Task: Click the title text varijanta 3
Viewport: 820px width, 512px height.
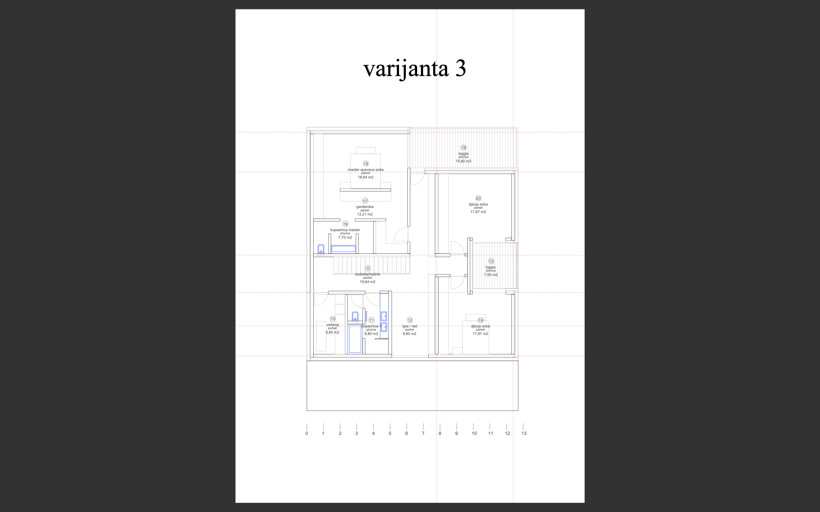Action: click(x=414, y=69)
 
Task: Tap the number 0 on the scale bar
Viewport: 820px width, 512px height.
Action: click(x=307, y=433)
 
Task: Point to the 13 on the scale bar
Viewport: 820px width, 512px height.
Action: click(x=524, y=433)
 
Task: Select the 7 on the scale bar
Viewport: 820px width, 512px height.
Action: click(x=423, y=433)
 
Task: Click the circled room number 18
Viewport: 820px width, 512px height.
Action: click(x=366, y=164)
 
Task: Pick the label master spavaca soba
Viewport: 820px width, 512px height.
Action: click(x=366, y=170)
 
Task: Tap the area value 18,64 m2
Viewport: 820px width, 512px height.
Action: click(x=366, y=177)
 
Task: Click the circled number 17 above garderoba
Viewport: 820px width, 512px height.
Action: click(x=365, y=201)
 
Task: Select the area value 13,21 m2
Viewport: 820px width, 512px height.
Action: click(x=365, y=214)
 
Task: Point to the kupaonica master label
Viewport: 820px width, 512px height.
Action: click(x=345, y=230)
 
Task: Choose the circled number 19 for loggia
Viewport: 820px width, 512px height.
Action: click(x=463, y=148)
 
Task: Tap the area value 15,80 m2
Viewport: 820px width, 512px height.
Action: click(x=463, y=161)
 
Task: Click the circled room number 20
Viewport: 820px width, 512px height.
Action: click(x=478, y=198)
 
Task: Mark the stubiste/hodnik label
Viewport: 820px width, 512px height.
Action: click(x=368, y=274)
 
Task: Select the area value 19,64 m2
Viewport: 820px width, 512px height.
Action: click(x=368, y=282)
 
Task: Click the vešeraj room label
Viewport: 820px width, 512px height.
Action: click(x=332, y=325)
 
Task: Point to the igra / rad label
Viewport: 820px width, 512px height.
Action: click(x=410, y=326)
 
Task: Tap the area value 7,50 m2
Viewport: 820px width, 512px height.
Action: click(x=491, y=275)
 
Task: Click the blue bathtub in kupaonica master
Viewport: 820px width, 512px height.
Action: click(x=343, y=249)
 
